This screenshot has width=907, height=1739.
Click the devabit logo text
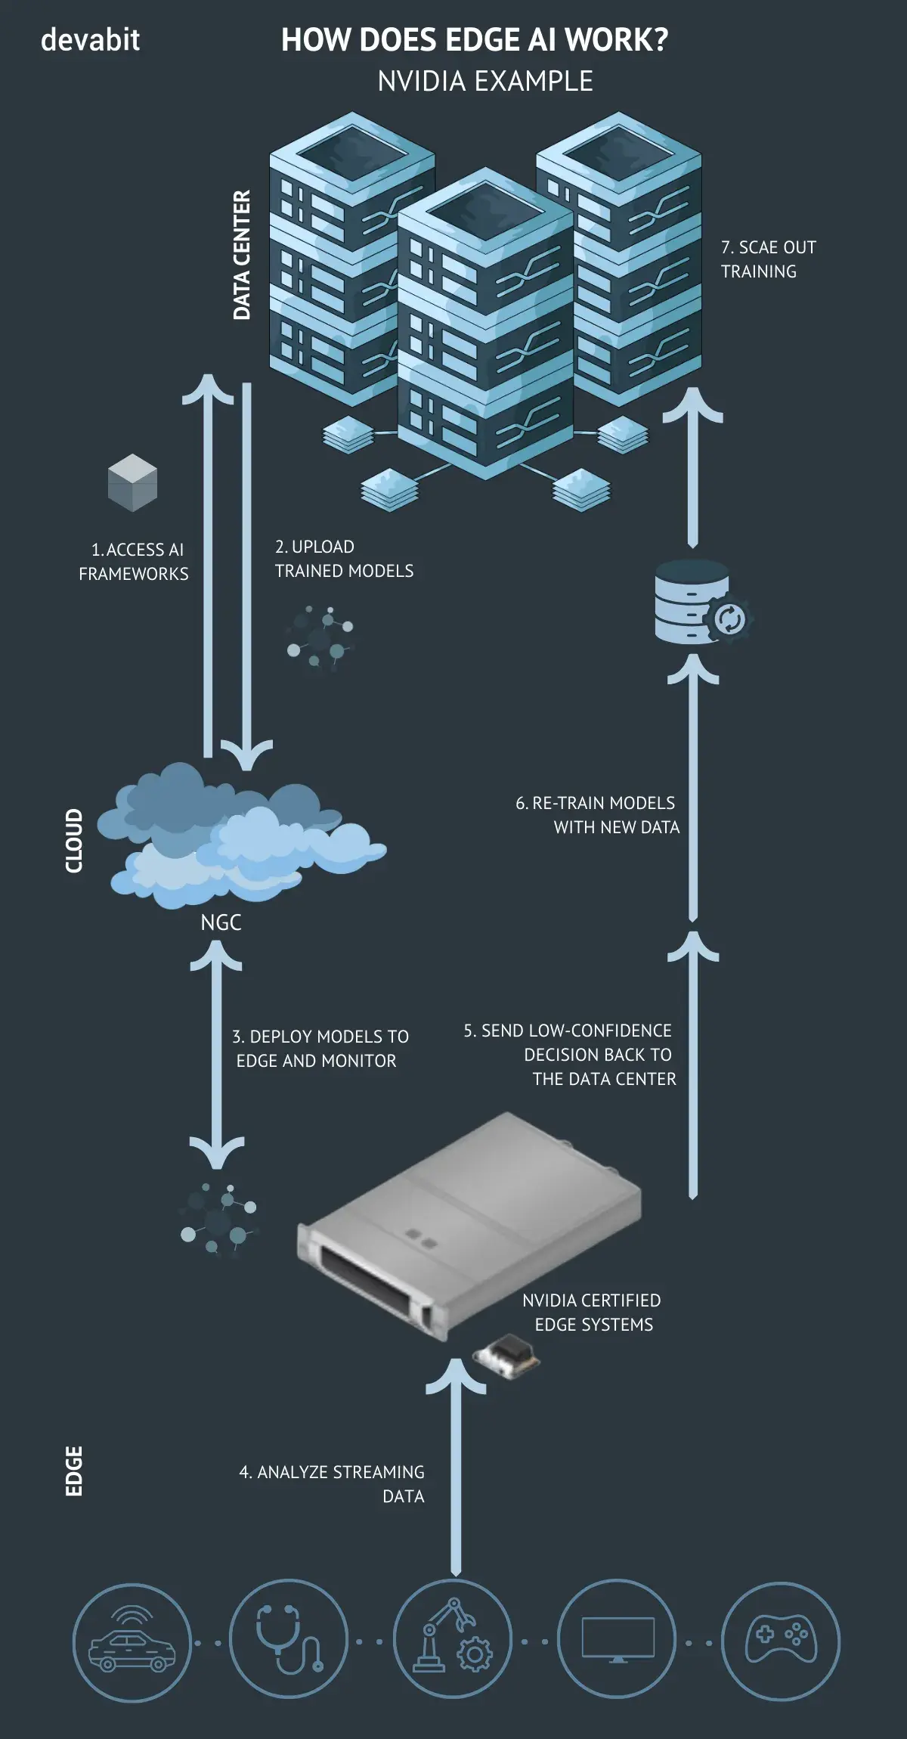click(x=90, y=39)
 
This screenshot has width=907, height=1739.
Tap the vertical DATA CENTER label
click(x=241, y=255)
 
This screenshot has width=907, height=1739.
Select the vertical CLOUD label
click(x=73, y=840)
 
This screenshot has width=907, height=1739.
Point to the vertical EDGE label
click(x=73, y=1471)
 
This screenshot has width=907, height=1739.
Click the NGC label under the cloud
click(x=221, y=922)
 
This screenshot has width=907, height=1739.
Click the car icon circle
click(x=132, y=1642)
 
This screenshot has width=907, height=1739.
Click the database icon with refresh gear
click(x=700, y=603)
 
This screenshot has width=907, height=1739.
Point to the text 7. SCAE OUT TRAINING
click(x=767, y=259)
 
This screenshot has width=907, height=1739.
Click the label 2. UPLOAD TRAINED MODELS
click(x=344, y=559)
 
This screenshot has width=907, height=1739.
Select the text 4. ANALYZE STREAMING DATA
click(x=333, y=1483)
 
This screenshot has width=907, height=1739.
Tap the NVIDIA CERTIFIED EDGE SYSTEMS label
click(x=592, y=1312)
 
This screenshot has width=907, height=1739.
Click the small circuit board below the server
click(x=506, y=1357)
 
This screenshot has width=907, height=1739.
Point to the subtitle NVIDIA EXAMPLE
click(x=485, y=82)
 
